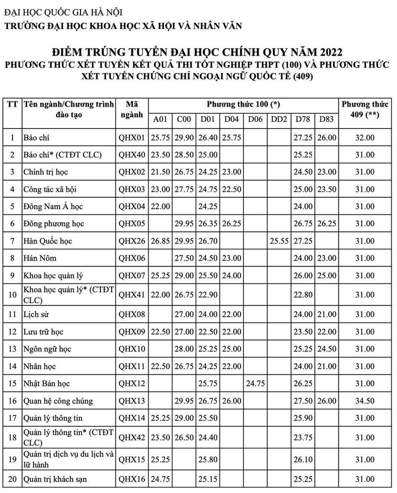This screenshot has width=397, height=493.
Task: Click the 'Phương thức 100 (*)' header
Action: pos(243,105)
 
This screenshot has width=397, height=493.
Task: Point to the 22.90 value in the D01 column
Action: pos(208,295)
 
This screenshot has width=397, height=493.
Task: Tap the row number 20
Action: pos(12,480)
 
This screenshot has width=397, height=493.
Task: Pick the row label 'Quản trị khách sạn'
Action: pos(56,480)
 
